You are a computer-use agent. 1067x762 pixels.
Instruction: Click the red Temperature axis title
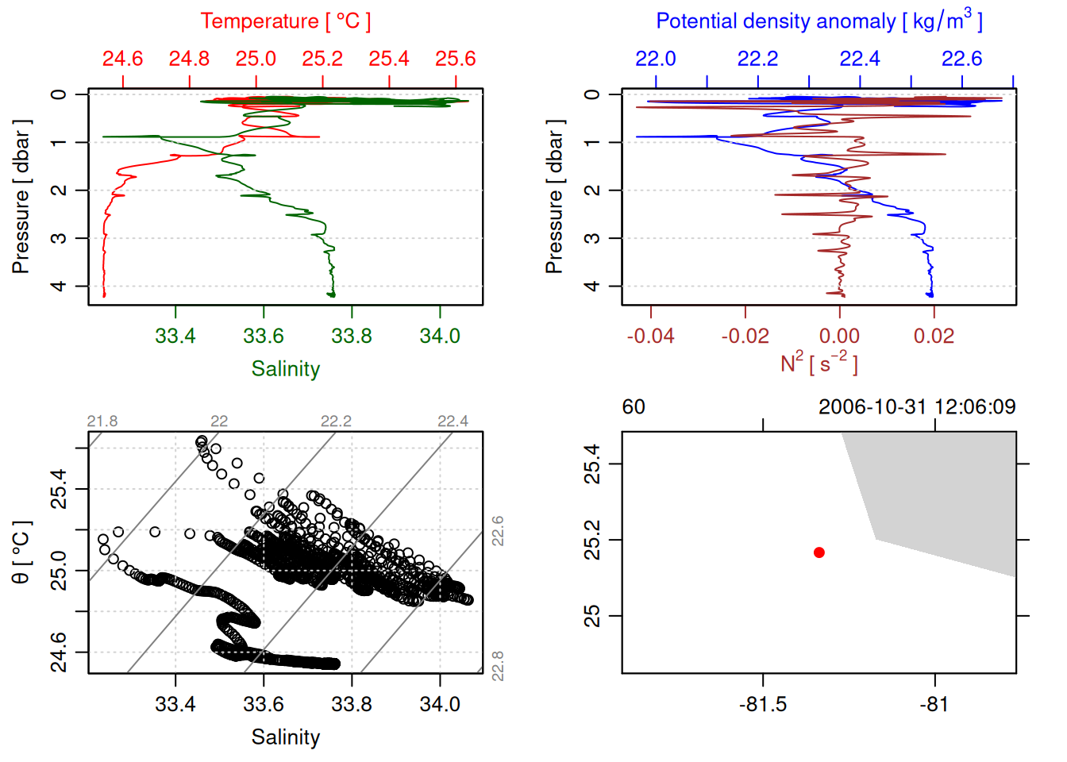[285, 21]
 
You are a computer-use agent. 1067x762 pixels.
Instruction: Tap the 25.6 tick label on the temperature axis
[455, 59]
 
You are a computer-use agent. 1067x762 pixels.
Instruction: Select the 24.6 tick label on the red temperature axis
[122, 59]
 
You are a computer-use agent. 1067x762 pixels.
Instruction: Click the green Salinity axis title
[285, 369]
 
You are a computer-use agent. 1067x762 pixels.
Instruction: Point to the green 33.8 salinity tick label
[351, 337]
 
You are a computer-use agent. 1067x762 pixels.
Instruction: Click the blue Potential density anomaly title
[819, 21]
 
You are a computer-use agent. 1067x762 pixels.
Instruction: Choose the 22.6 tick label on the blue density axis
[961, 59]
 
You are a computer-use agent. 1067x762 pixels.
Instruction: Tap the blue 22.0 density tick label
[656, 59]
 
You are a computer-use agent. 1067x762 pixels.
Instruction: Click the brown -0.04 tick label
[650, 337]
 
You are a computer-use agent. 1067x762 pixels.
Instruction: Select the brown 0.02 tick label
[934, 337]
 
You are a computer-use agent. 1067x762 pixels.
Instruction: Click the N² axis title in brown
[819, 364]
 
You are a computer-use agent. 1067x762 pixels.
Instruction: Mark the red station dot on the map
[819, 552]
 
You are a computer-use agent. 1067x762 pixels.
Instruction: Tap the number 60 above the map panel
[634, 407]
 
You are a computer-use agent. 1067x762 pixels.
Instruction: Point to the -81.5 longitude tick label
[763, 705]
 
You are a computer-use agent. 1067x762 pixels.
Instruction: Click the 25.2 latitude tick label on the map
[592, 540]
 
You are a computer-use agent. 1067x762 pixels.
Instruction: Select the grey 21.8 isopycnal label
[102, 421]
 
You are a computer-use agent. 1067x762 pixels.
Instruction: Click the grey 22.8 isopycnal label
[498, 665]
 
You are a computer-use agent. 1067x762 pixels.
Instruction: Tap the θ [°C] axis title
[21, 552]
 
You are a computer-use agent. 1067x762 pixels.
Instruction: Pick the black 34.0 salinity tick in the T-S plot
[439, 705]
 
